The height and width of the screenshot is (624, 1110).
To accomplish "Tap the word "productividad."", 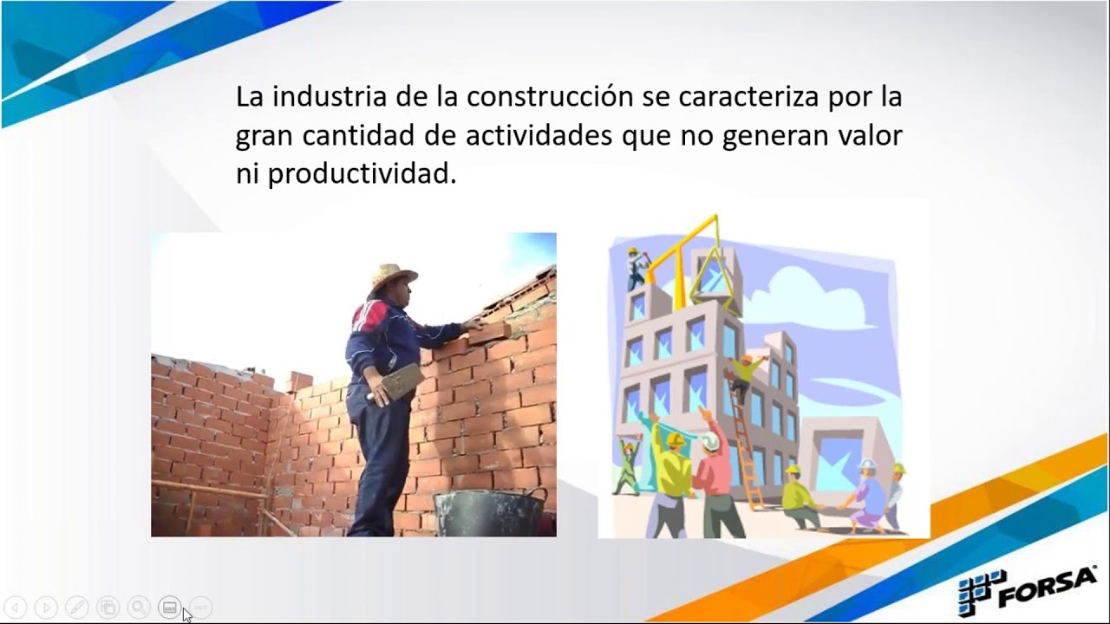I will point(361,174).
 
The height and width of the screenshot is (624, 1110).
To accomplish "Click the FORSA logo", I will point(1027,590).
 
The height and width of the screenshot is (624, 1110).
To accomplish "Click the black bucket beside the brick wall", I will point(490,512).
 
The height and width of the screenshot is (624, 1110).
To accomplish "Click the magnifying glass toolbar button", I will point(138,608).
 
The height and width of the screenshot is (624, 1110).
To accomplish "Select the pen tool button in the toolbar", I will point(77,608).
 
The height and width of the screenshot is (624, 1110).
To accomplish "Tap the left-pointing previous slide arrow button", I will point(16,608).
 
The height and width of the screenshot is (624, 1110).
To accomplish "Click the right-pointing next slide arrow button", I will point(47,608).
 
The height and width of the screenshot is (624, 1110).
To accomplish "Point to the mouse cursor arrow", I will point(186,614).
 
